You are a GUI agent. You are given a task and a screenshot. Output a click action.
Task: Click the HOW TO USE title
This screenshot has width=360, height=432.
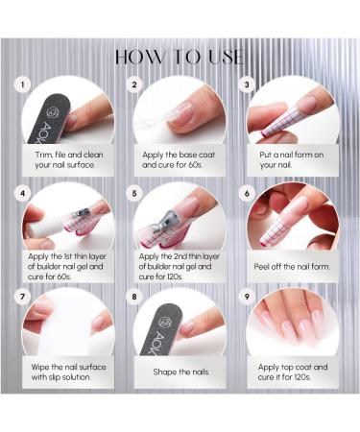point(180,57)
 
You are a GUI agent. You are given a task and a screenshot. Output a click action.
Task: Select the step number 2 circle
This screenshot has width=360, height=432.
point(135,84)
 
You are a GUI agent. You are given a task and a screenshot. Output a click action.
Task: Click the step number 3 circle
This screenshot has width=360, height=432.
point(249,84)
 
